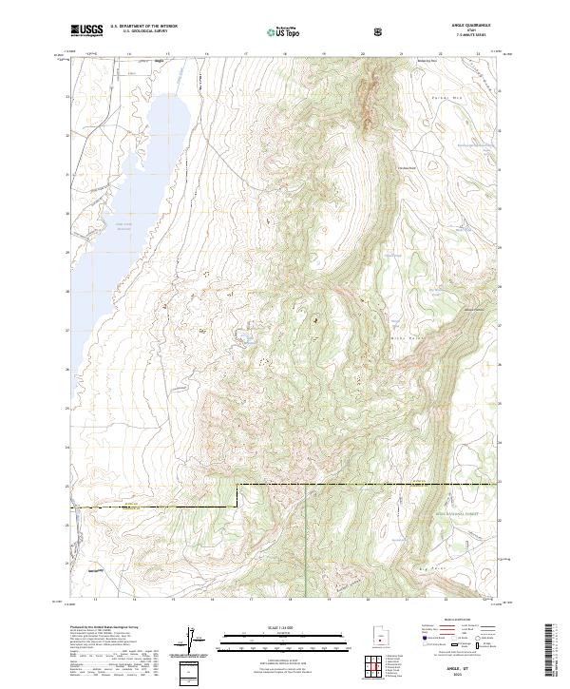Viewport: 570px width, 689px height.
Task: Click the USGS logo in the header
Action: point(86,30)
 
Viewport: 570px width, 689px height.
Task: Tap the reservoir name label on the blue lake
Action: point(121,225)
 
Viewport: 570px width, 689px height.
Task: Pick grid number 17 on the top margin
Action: point(247,55)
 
